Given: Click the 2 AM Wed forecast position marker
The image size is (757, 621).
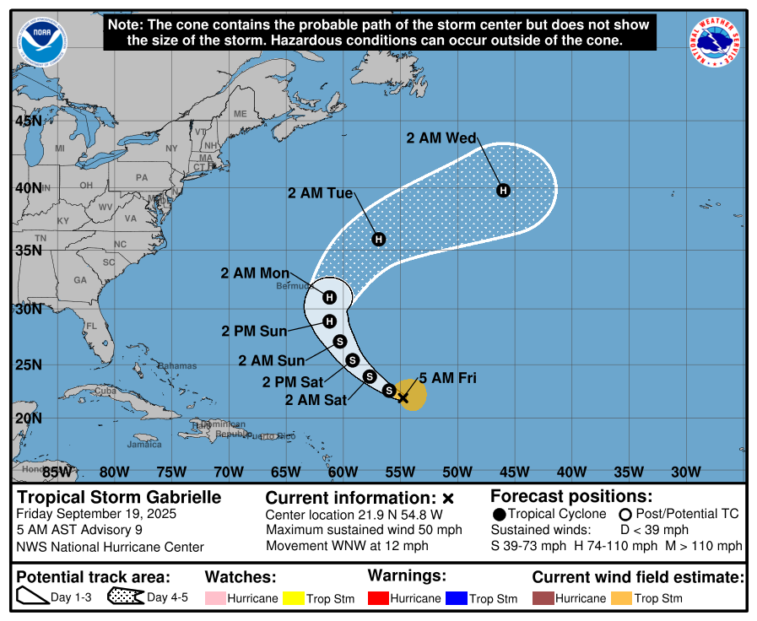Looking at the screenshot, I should (503, 190).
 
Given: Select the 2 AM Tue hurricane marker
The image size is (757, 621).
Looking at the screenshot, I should (379, 240).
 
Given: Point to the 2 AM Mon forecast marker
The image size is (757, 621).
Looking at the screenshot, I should (330, 297).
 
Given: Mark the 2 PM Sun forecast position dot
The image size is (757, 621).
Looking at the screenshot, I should (330, 321).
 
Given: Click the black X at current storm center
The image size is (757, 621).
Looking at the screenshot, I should (403, 397).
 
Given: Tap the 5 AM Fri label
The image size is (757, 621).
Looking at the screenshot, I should (447, 378).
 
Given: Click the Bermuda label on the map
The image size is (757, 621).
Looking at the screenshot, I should (293, 286).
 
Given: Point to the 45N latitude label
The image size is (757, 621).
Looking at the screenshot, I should (29, 121).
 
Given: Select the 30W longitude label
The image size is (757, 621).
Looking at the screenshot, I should (685, 471).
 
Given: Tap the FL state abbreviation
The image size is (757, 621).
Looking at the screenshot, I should (91, 326).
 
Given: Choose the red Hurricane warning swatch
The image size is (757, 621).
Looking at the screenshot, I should (381, 598).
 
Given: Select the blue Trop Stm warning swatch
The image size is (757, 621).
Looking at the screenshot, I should (457, 598).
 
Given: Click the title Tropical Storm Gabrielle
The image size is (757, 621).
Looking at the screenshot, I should (119, 497).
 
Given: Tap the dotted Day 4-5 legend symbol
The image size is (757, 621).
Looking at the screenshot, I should (126, 598).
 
